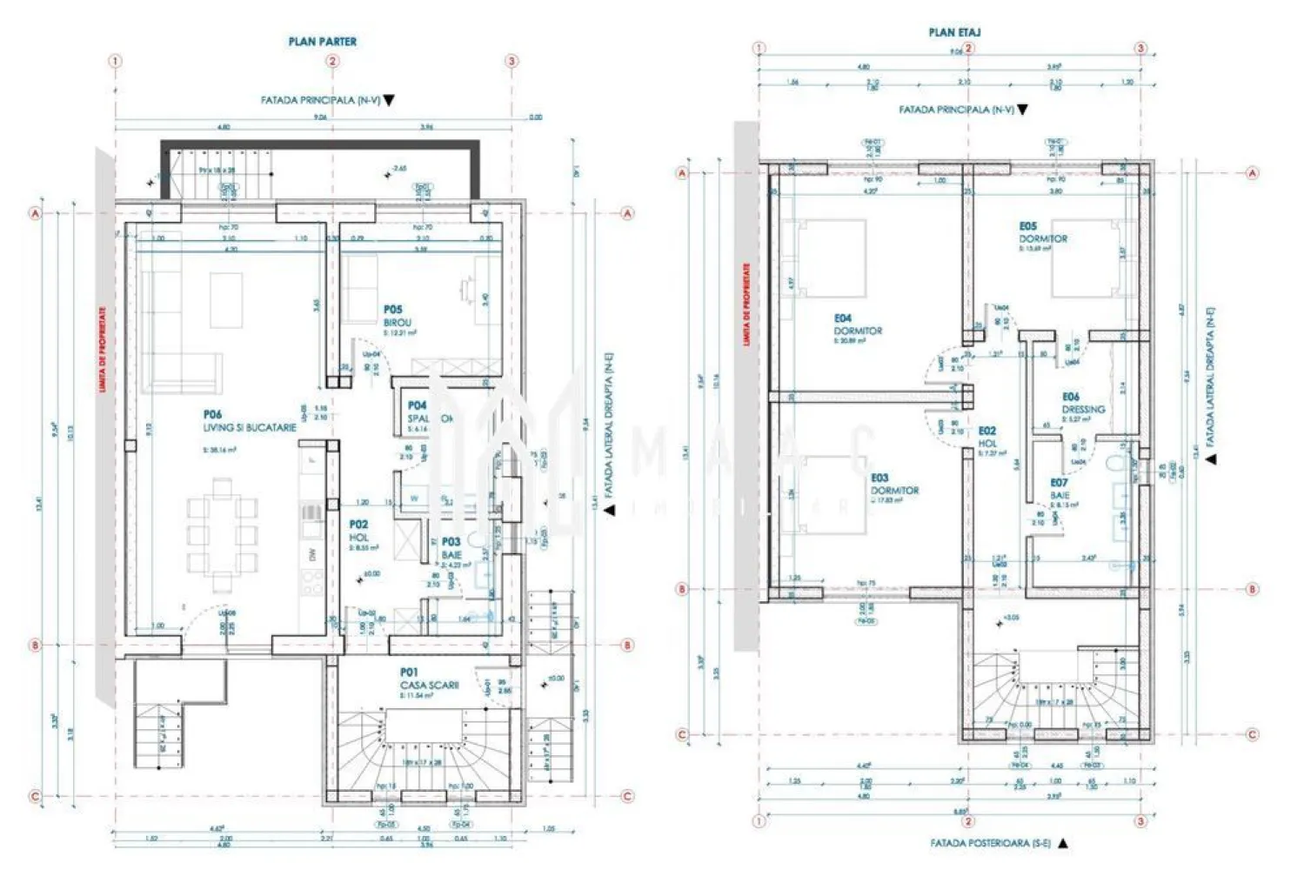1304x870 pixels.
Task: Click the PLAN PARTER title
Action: (x=322, y=41)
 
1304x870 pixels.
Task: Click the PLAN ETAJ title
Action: (x=954, y=32)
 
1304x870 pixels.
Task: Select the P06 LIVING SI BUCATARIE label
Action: (x=249, y=422)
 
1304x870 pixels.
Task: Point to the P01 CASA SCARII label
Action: (x=429, y=679)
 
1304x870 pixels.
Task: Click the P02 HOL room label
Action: (x=359, y=532)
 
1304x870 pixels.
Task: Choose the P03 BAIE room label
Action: (x=451, y=548)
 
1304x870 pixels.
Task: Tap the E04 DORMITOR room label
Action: (x=857, y=325)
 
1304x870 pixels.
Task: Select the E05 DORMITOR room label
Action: (x=1042, y=232)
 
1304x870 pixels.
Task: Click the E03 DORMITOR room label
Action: (x=894, y=485)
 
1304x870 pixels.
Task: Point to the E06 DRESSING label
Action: (x=1082, y=403)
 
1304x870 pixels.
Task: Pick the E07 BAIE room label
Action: (x=1060, y=489)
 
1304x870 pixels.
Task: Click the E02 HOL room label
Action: (x=987, y=437)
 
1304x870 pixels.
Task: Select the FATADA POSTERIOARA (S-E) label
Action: (x=991, y=843)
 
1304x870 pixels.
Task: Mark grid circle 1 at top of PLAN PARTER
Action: (x=115, y=61)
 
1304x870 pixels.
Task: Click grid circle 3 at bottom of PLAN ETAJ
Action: (x=1140, y=820)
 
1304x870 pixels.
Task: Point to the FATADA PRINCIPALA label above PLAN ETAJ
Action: (x=955, y=110)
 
